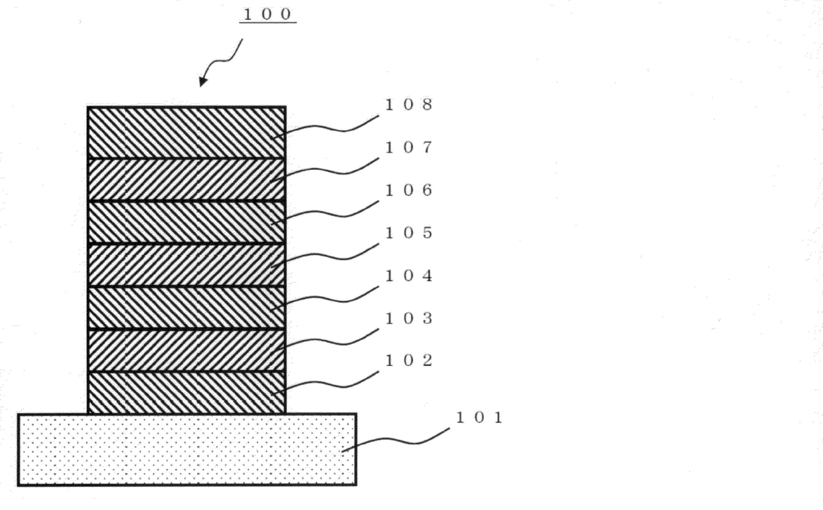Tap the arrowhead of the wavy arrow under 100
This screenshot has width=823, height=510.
click(x=202, y=82)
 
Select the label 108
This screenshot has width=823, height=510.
click(x=408, y=105)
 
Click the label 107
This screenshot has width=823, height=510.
click(x=408, y=147)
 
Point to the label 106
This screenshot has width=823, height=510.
click(x=408, y=191)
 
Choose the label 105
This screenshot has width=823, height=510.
click(x=408, y=233)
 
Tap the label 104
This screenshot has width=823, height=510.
click(x=408, y=276)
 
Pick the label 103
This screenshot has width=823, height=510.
click(x=408, y=319)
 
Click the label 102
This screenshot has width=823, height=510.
click(x=408, y=361)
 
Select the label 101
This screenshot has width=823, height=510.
click(x=480, y=418)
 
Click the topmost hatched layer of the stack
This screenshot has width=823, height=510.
click(x=187, y=132)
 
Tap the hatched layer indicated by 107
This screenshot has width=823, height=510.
click(x=187, y=179)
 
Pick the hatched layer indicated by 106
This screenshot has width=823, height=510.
click(x=187, y=222)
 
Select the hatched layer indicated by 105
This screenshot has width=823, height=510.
click(x=187, y=265)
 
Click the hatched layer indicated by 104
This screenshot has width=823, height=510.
click(x=187, y=307)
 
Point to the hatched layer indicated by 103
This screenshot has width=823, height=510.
click(x=187, y=350)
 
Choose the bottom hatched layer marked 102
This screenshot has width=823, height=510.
click(x=187, y=392)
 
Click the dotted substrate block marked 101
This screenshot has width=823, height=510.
click(x=187, y=450)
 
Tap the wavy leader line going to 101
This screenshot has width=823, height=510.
click(x=398, y=441)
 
